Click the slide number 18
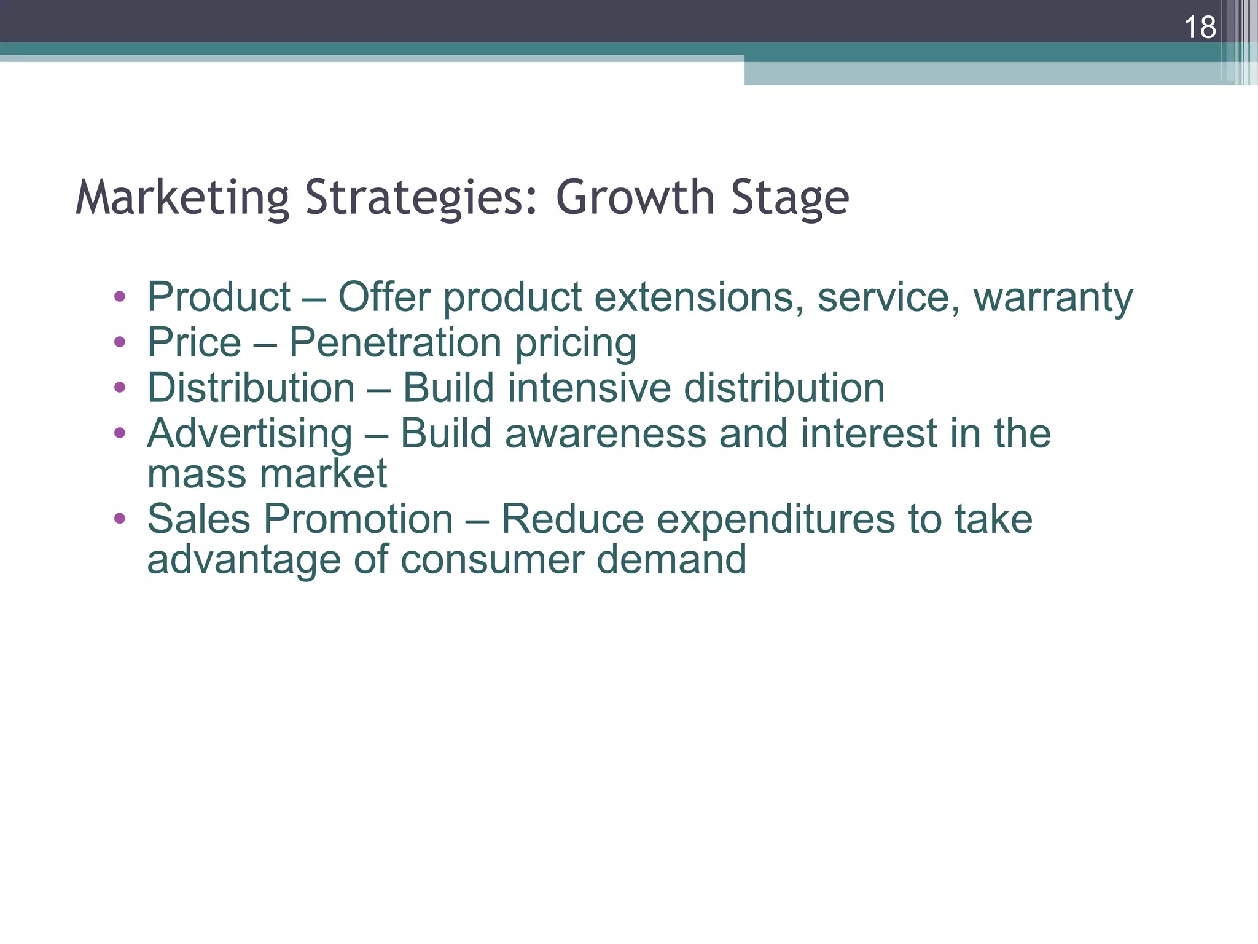(1199, 28)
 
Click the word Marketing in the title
(182, 198)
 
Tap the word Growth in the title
(635, 198)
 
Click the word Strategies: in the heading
(422, 198)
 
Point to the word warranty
(1053, 297)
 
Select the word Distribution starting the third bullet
(251, 388)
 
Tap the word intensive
(589, 388)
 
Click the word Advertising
(249, 434)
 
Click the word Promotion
(358, 519)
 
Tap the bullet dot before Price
(120, 342)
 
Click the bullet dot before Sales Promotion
(120, 518)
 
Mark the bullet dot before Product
(120, 297)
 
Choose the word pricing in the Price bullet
(575, 344)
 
